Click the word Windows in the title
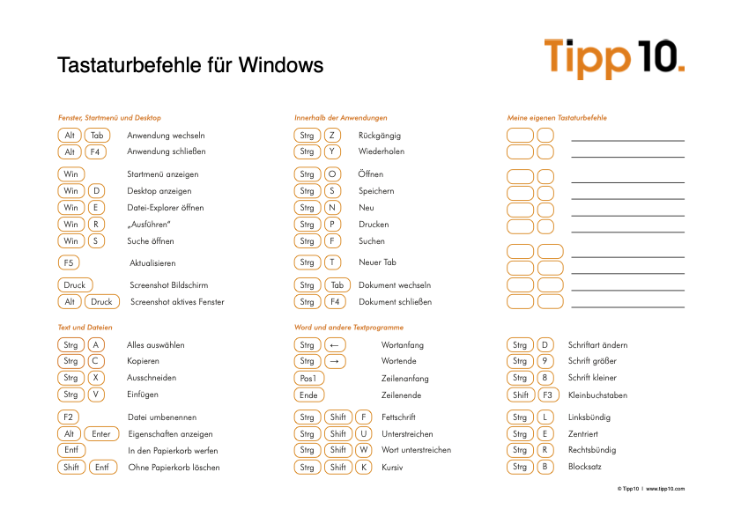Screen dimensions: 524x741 (280, 65)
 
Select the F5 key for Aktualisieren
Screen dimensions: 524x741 (69, 262)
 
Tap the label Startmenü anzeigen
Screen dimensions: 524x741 (163, 174)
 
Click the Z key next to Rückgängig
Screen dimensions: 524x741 (332, 136)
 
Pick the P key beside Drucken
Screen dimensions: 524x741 (332, 225)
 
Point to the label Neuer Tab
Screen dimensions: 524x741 (377, 262)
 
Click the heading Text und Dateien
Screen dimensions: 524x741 (85, 327)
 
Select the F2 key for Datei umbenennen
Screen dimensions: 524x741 (69, 417)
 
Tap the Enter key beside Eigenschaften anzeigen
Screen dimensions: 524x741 (100, 434)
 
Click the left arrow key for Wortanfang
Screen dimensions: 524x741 (336, 345)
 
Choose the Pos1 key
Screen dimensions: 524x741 (309, 379)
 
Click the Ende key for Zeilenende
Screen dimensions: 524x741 (308, 395)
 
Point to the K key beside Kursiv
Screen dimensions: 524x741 (363, 468)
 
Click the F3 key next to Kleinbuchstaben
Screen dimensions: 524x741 (548, 395)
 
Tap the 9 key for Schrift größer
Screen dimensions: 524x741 (545, 362)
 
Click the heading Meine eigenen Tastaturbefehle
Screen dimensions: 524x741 (557, 118)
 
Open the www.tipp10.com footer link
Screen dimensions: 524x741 (665, 489)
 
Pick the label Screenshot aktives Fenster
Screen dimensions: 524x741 (177, 302)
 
